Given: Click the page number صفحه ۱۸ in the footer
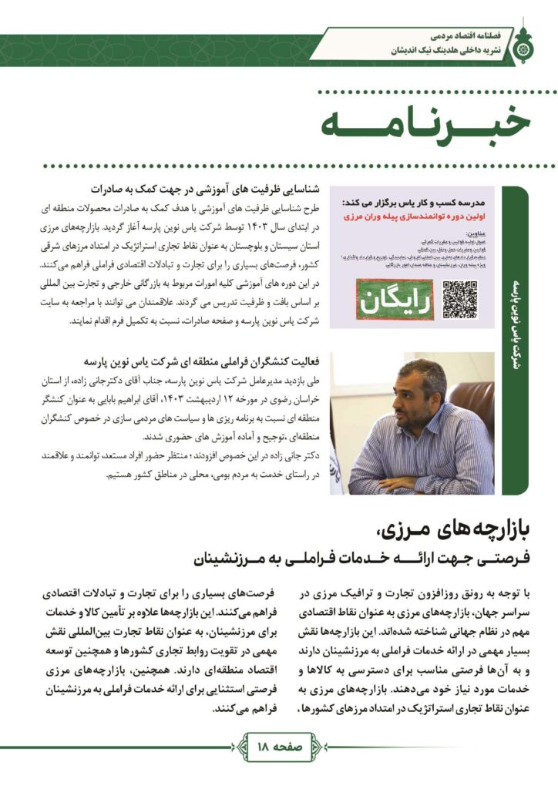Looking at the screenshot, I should coord(278,746).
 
